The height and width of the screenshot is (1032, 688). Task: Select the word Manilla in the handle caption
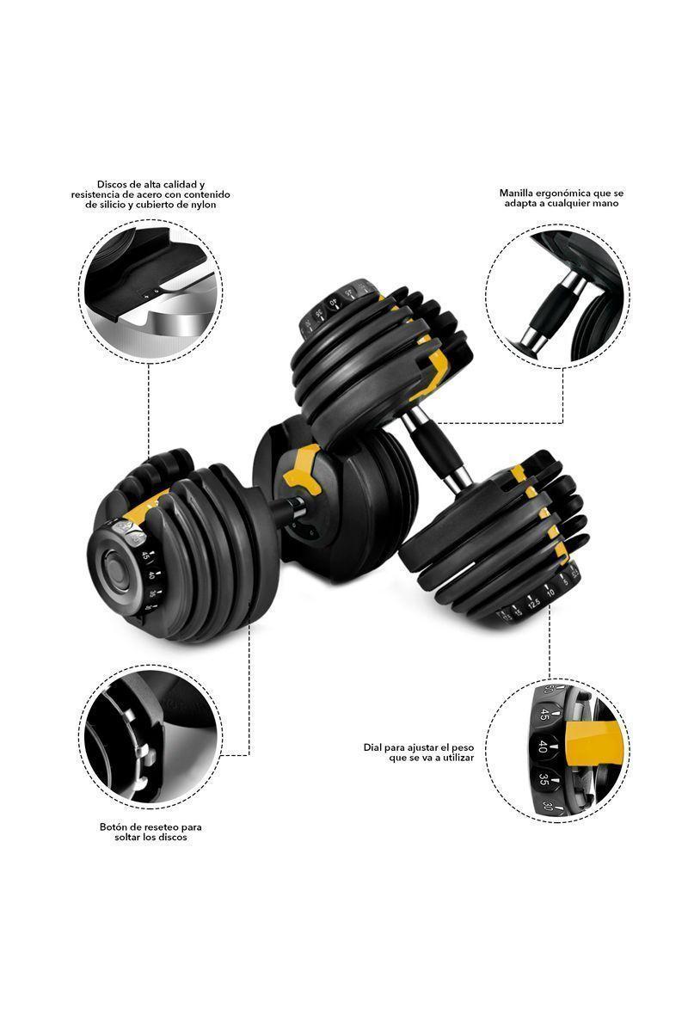tap(518, 193)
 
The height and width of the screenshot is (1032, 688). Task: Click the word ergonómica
tap(568, 193)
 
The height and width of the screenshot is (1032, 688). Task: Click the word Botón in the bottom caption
tap(114, 827)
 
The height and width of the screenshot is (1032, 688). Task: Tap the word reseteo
tap(160, 827)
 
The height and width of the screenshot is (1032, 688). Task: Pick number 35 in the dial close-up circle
tap(544, 780)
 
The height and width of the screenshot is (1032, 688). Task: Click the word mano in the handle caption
tap(605, 204)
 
